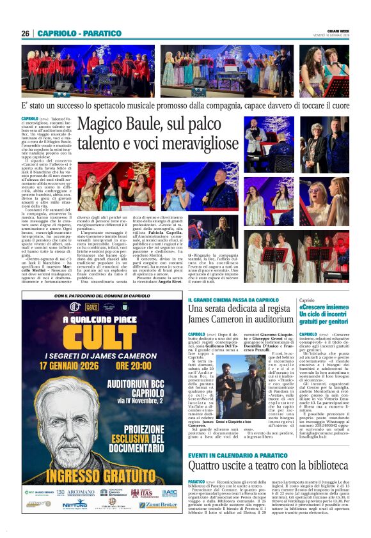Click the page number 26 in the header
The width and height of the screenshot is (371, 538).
(x=26, y=33)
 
